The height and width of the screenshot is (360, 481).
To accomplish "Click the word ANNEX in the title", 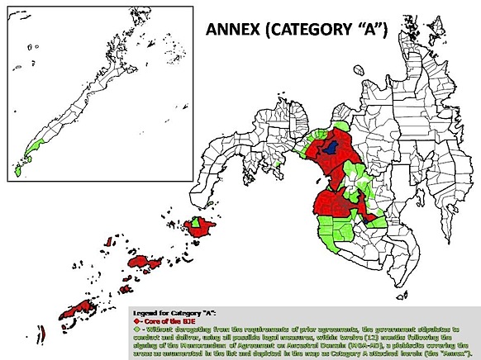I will pyautogui.click(x=234, y=31).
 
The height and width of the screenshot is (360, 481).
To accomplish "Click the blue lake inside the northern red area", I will pyautogui.click(x=332, y=146).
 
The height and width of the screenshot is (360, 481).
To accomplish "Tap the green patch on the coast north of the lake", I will pyautogui.click(x=325, y=128).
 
